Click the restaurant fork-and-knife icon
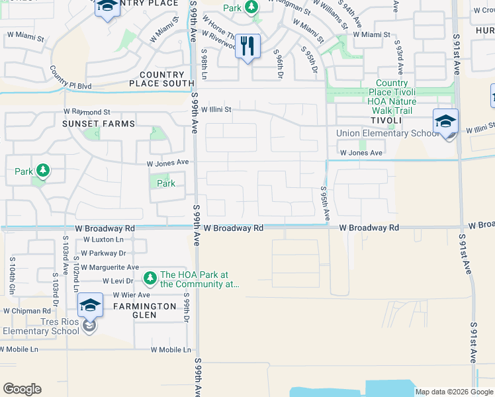pos(247,46)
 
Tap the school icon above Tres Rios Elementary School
pos(90,306)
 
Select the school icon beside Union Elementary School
pos(445,122)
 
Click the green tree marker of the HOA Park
pos(150,276)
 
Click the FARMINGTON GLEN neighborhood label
pos(144,311)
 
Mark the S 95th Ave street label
pos(324,204)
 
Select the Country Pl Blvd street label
pos(71,85)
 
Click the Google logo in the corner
pos(22,389)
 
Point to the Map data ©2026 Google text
pos(454,392)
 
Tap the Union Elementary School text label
pos(388,134)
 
